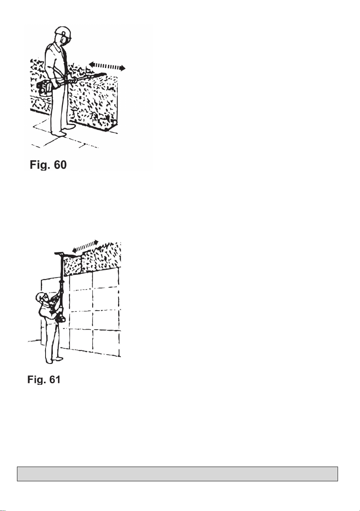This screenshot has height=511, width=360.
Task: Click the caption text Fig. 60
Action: click(48, 165)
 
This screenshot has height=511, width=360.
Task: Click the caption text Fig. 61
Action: click(44, 380)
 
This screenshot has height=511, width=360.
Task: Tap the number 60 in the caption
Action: click(60, 165)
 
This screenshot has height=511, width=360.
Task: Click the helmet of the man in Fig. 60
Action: click(63, 32)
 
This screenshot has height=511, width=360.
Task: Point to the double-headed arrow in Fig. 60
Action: click(107, 66)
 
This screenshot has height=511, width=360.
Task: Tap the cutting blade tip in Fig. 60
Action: click(105, 73)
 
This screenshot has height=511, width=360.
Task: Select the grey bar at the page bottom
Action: click(177, 474)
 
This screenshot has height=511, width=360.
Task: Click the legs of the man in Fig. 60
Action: click(60, 107)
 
